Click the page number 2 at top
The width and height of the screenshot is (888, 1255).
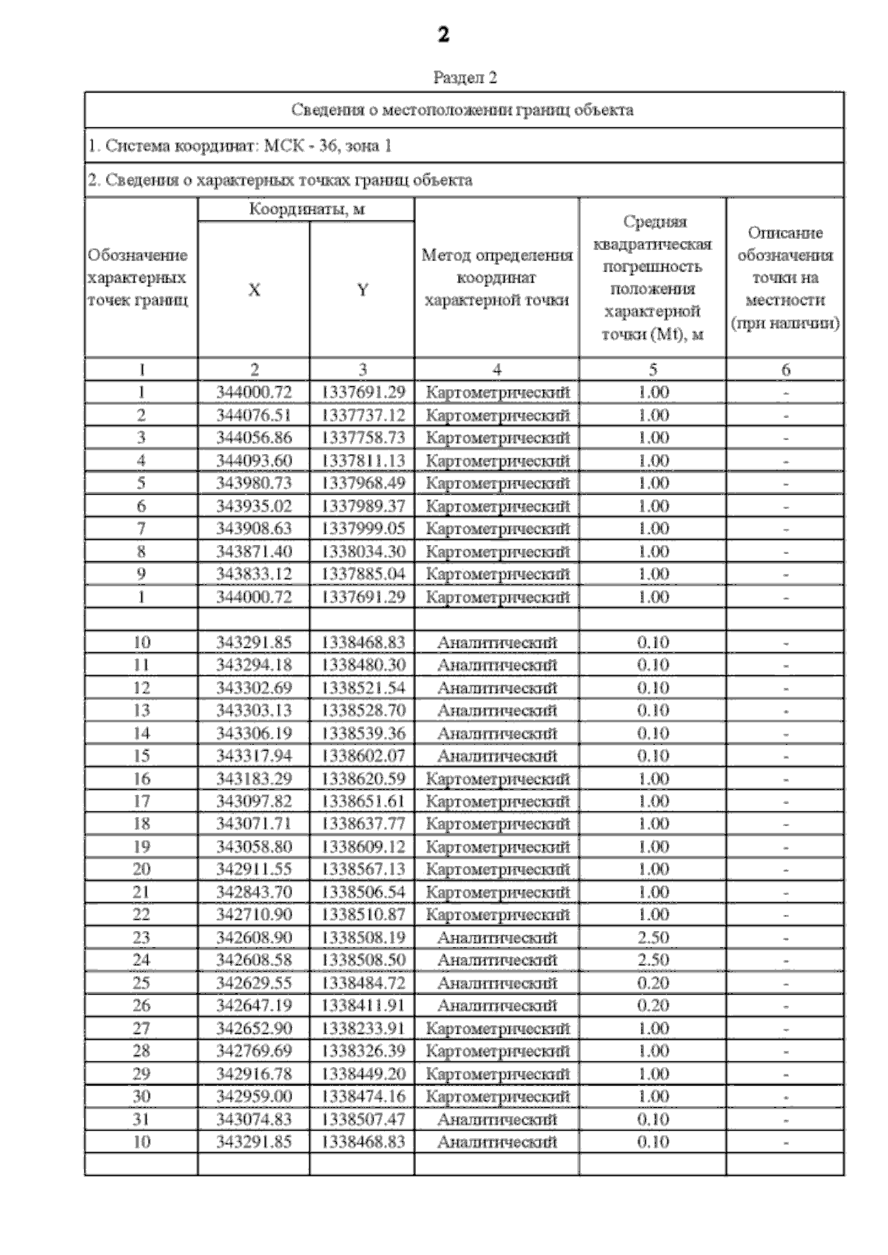443,35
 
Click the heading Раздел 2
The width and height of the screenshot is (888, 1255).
464,77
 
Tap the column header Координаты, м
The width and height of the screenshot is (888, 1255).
306,209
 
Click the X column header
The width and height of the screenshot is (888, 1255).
254,290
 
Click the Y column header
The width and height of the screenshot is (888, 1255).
362,290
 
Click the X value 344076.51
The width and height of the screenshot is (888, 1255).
254,415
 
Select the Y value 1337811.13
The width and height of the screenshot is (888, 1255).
363,461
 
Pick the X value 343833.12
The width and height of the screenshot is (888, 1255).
254,574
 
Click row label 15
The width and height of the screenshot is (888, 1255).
141,756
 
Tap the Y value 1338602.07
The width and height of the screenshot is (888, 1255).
363,756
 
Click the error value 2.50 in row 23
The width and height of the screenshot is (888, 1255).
653,938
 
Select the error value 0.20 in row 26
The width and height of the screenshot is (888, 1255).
653,1006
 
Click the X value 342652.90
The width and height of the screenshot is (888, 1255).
254,1029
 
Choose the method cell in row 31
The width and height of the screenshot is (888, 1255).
497,1120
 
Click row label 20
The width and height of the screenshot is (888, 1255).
141,870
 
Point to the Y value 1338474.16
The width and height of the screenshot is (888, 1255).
363,1097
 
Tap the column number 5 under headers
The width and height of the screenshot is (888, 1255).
653,369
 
